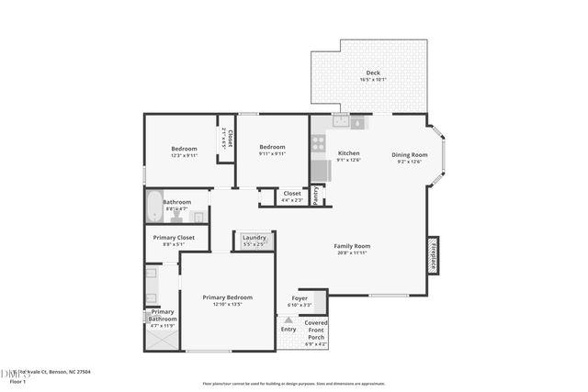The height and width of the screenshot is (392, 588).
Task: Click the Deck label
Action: [372, 73]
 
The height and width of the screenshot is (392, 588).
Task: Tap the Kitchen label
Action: [348, 153]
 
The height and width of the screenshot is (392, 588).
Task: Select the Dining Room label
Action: [410, 154]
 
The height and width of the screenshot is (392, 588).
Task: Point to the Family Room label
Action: [351, 245]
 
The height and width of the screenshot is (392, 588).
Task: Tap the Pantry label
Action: [315, 195]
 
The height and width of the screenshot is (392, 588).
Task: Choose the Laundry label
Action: [254, 238]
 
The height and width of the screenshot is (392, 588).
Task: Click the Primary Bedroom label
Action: [227, 297]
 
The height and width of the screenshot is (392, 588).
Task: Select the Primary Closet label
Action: [173, 238]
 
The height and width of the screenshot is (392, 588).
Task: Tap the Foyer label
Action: [300, 298]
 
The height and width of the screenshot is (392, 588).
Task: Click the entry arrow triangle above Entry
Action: [288, 319]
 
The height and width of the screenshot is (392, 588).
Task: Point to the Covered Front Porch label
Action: [315, 330]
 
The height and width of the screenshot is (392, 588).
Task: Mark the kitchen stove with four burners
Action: [319, 143]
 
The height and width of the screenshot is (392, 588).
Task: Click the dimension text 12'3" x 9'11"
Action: [185, 156]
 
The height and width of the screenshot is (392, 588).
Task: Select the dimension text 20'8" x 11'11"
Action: [351, 252]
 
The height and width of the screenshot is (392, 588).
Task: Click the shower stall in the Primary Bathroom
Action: [161, 337]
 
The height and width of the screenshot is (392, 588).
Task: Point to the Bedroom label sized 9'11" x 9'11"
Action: [272, 147]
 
